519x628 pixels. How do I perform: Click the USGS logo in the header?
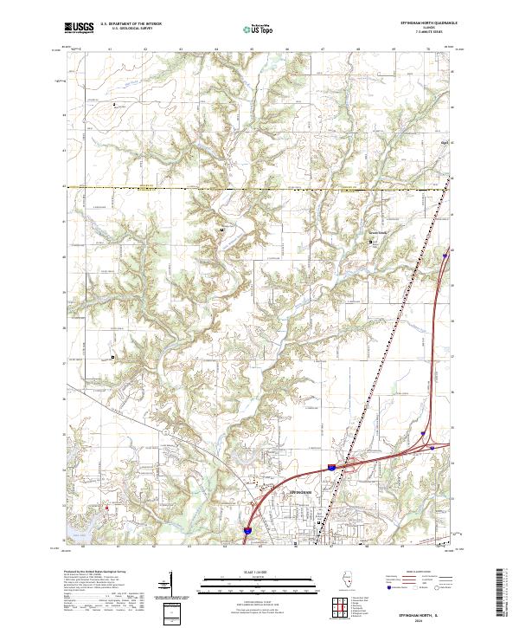(x=79, y=29)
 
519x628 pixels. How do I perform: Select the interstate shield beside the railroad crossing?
(x=330, y=467)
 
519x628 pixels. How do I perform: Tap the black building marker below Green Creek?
(x=373, y=243)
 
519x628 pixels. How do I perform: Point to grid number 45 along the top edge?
(x=252, y=50)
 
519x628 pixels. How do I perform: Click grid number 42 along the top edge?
(x=145, y=50)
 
